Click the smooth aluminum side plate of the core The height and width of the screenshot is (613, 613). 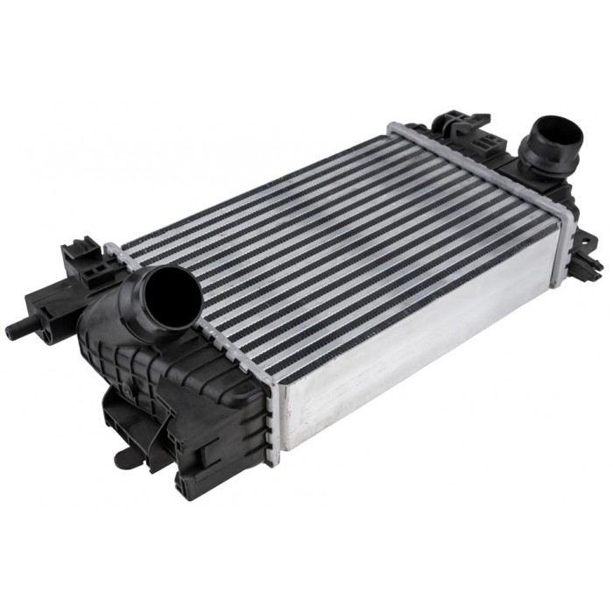(x=420, y=350)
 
